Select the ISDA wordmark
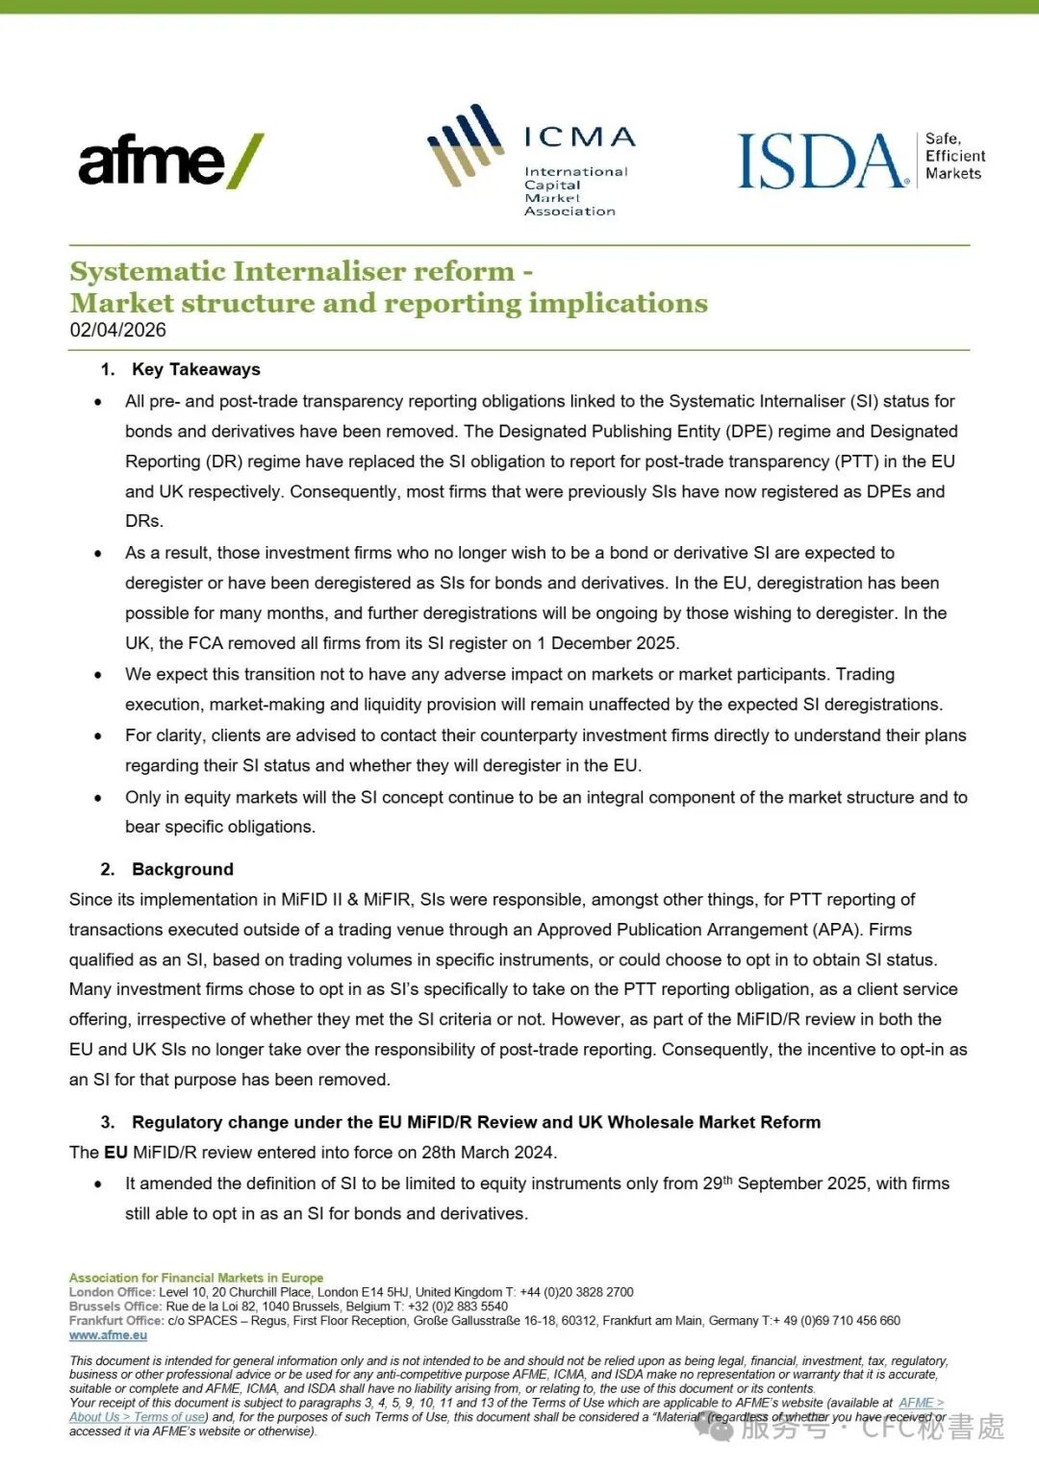(823, 161)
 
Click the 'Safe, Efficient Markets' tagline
(954, 157)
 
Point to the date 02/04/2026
(117, 331)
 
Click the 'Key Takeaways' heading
(195, 369)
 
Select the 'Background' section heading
(182, 869)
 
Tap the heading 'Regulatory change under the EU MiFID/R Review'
(475, 1122)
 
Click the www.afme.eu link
(108, 1335)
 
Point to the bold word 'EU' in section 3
(115, 1152)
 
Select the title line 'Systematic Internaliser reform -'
(301, 272)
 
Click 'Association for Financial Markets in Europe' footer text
(196, 1278)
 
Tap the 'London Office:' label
(112, 1292)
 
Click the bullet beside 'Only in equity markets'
(98, 798)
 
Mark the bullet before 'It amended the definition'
(98, 1184)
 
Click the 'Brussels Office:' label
(115, 1307)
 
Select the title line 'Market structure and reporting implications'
(389, 304)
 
